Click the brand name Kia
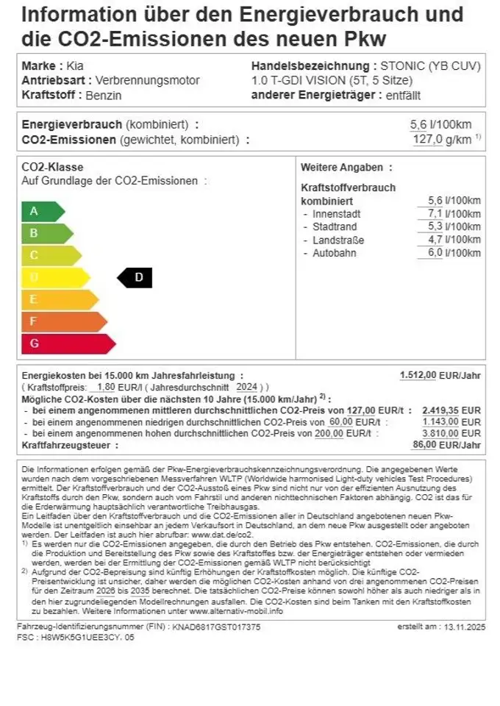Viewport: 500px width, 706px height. point(75,65)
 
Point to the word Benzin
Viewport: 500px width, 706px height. point(104,95)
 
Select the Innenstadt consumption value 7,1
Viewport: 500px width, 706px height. point(440,214)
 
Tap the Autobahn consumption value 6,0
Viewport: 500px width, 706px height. point(440,253)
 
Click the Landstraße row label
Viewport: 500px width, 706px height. point(338,240)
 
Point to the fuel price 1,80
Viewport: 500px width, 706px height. point(106,387)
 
